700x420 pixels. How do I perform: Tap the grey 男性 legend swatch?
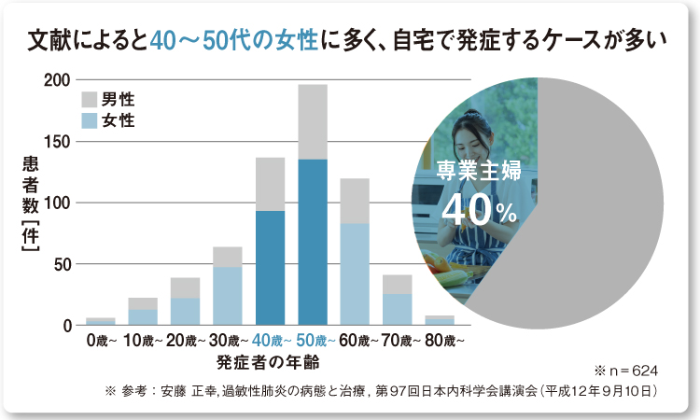pos(90,100)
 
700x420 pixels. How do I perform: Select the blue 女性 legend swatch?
pos(90,119)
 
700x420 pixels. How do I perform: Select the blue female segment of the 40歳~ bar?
pos(270,267)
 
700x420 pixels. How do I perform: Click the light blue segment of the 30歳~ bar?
pos(227,295)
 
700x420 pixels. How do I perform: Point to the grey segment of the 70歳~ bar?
pos(397,284)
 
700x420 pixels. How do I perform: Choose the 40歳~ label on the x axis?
pos(270,342)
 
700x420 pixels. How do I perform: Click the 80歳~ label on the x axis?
pos(440,342)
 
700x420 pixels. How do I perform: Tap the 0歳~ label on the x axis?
pos(101,342)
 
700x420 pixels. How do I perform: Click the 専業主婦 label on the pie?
pos(479,171)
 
